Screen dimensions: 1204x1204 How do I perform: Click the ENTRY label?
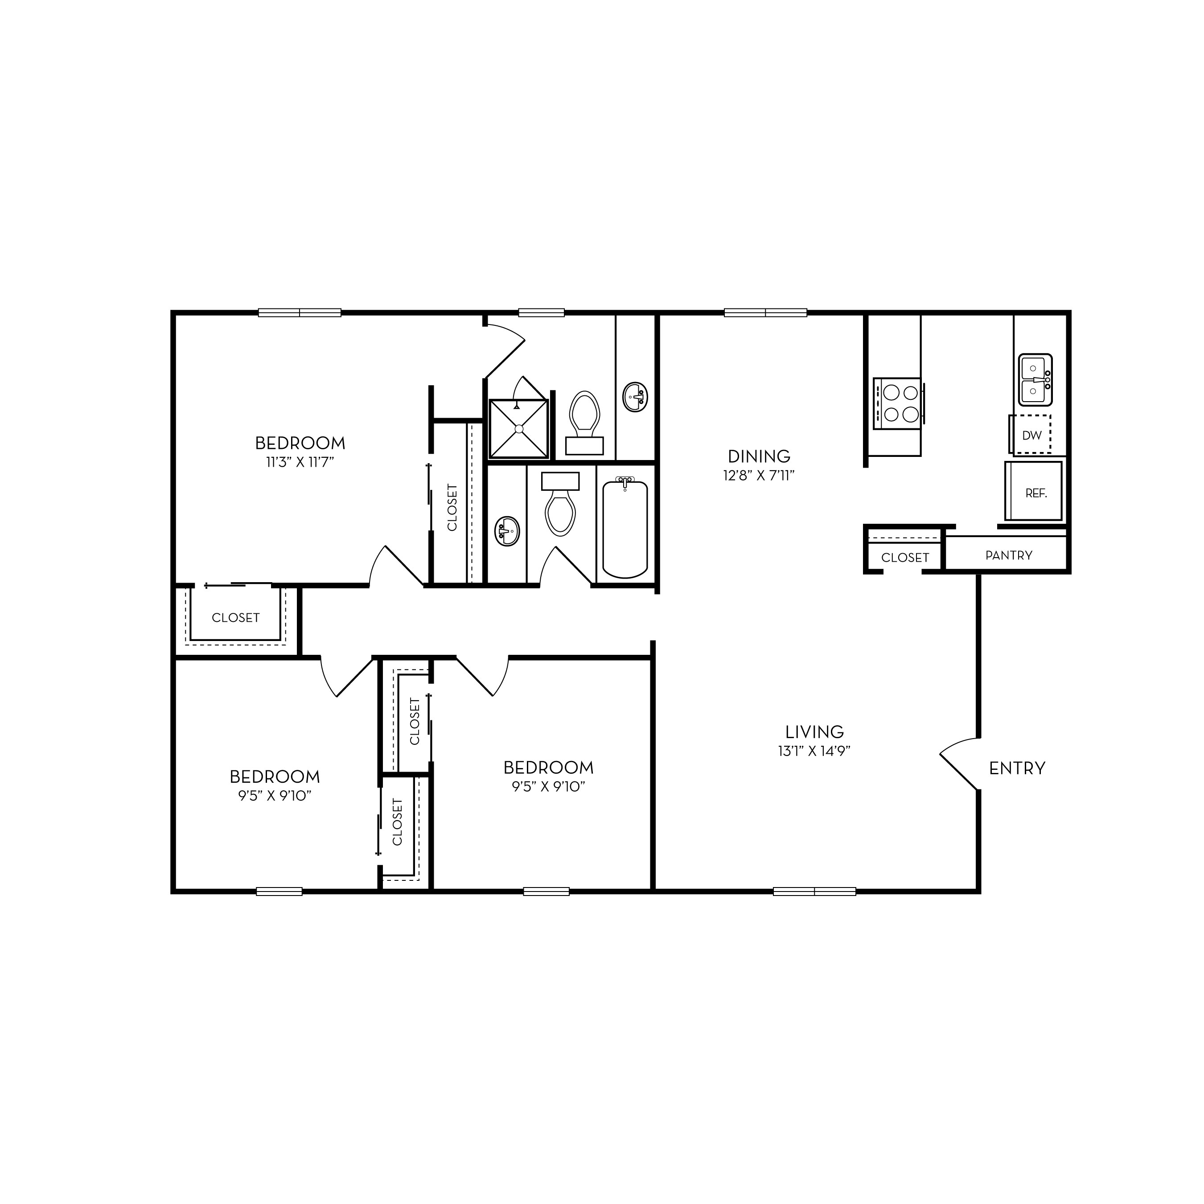(1017, 768)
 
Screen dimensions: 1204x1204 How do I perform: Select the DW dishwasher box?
(1030, 434)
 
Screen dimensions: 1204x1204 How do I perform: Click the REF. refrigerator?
(1033, 491)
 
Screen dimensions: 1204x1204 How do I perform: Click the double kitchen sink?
(1035, 379)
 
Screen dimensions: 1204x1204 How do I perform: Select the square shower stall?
(518, 428)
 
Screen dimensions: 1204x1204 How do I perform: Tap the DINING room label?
(759, 456)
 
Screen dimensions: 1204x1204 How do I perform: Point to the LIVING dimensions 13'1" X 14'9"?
(814, 751)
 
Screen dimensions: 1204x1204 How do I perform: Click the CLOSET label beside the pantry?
(905, 558)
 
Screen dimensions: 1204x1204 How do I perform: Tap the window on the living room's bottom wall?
(814, 891)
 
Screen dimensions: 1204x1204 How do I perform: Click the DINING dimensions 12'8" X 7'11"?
(759, 476)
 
